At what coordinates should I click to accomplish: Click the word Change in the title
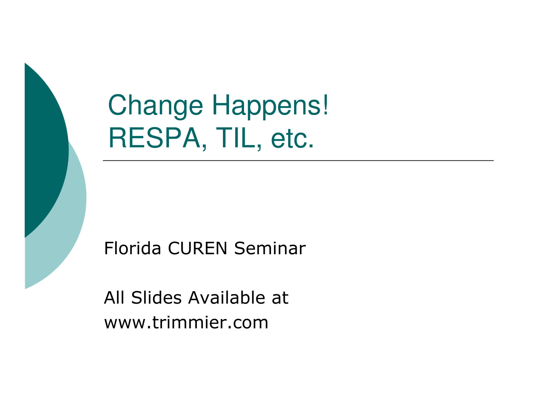coord(155,106)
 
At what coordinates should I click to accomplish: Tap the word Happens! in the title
coord(270,106)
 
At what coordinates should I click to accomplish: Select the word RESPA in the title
coord(154,138)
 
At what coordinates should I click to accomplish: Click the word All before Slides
coord(114,297)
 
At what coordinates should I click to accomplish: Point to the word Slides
coord(156,297)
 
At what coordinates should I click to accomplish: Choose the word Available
coord(227,297)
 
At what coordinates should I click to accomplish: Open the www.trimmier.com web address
coord(186,322)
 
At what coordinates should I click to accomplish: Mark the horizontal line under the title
coord(298,160)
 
